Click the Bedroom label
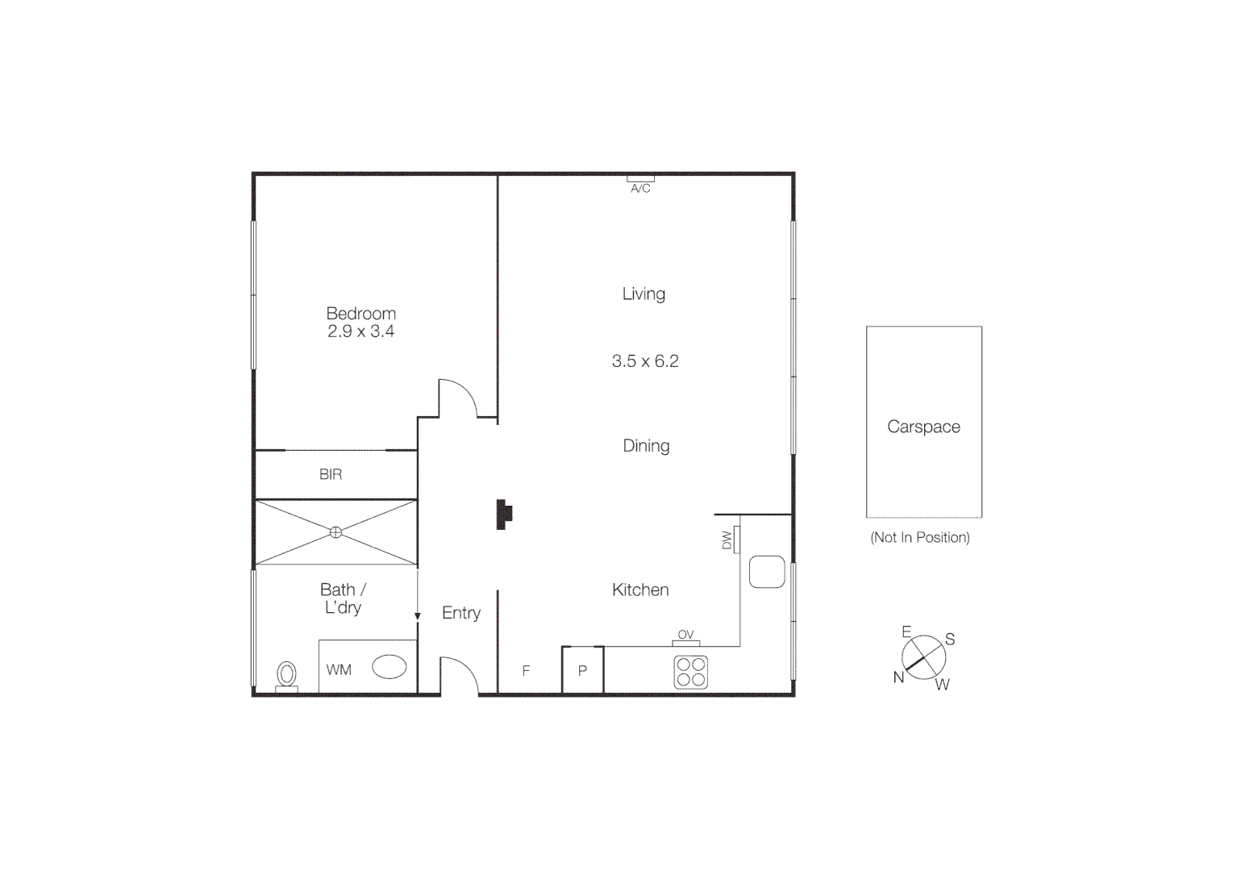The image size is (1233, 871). pos(360,313)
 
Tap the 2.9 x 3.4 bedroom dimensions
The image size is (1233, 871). pos(360,331)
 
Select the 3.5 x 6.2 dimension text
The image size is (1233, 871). pos(645,361)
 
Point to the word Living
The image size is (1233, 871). pos(644,294)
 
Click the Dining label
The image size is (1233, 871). pos(646,445)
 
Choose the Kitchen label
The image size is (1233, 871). pos(640,590)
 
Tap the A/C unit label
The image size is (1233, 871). pos(640,188)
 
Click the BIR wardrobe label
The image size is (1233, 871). pos(331,474)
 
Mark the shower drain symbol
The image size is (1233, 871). pos(336,532)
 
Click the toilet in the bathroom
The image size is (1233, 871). pos(286,674)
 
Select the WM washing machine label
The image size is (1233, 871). pos(339,669)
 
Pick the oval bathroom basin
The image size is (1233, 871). pos(389,667)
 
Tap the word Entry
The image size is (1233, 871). pos(461,613)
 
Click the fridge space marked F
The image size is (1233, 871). pos(526,670)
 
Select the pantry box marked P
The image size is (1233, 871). pos(582,670)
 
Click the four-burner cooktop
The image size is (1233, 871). pos(691,672)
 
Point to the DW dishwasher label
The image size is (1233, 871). pos(727,540)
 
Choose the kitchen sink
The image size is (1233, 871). pos(766,572)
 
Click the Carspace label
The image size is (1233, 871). pos(923,427)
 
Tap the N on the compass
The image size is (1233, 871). pos(898,677)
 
